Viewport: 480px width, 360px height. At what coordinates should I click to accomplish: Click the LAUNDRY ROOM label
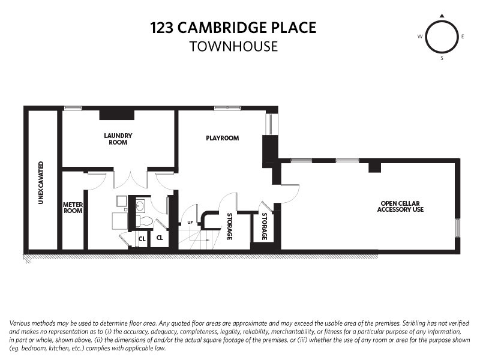pyautogui.click(x=118, y=139)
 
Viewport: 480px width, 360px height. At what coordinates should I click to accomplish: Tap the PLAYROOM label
pyautogui.click(x=222, y=138)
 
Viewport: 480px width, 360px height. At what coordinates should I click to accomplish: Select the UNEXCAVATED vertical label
pyautogui.click(x=41, y=182)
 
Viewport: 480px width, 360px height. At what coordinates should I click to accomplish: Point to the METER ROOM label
pyautogui.click(x=73, y=208)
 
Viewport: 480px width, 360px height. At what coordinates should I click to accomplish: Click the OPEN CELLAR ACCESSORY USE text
pyautogui.click(x=401, y=206)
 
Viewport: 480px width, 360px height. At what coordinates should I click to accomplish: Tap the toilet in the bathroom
pyautogui.click(x=143, y=221)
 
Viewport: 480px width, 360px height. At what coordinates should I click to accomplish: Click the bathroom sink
pyautogui.click(x=140, y=206)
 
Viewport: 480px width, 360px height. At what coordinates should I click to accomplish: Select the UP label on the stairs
pyautogui.click(x=190, y=223)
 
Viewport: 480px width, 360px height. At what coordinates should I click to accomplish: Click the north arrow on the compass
pyautogui.click(x=442, y=16)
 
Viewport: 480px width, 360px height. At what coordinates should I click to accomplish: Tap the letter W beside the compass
pyautogui.click(x=420, y=37)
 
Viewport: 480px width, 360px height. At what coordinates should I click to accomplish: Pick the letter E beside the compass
pyautogui.click(x=463, y=37)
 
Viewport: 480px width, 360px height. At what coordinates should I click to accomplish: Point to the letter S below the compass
pyautogui.click(x=442, y=59)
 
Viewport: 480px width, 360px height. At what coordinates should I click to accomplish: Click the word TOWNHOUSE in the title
pyautogui.click(x=233, y=46)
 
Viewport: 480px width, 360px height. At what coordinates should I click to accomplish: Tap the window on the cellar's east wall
pyautogui.click(x=458, y=228)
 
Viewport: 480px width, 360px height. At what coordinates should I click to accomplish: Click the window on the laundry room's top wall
pyautogui.click(x=73, y=108)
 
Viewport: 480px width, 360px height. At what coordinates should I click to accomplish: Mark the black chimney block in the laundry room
pyautogui.click(x=117, y=113)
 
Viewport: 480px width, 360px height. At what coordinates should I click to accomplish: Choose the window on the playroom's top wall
pyautogui.click(x=223, y=108)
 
